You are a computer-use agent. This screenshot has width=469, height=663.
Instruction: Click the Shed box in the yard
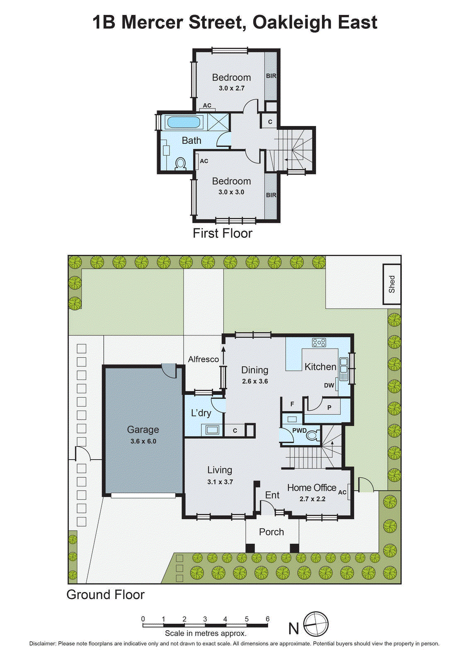point(392,284)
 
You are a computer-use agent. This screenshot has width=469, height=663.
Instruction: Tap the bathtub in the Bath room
point(183,122)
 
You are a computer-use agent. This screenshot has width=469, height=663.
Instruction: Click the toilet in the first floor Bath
point(180,164)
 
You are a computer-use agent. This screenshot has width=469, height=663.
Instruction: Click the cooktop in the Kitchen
point(319,342)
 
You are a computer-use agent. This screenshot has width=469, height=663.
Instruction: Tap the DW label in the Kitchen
point(329,385)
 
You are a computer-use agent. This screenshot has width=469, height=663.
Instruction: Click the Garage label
point(143,430)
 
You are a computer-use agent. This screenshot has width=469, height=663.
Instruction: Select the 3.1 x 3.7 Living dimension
point(220,482)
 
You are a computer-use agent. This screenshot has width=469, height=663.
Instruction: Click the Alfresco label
point(203,359)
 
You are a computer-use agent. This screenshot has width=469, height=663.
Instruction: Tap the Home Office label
point(312,488)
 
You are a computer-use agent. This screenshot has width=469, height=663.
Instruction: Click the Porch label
point(271,532)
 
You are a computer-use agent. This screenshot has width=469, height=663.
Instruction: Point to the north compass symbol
point(316,624)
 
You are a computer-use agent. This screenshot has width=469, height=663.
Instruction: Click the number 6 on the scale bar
point(268,619)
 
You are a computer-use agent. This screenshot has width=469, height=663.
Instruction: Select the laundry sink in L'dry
point(212,430)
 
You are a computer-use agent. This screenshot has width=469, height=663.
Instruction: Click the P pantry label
point(329,407)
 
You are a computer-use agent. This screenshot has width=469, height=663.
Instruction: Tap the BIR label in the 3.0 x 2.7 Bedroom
point(271,76)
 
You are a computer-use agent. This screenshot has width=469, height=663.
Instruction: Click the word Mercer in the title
point(152,22)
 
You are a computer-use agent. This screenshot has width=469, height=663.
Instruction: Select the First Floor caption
point(222,233)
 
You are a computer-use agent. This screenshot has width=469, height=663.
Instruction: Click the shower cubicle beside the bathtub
point(218,122)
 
